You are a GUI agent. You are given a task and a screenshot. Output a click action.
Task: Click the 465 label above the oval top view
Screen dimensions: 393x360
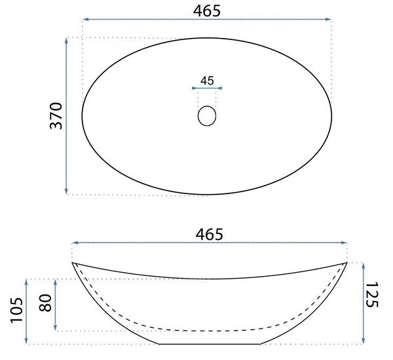click(x=207, y=11)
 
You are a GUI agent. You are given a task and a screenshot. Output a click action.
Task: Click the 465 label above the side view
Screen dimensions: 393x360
click(x=209, y=235)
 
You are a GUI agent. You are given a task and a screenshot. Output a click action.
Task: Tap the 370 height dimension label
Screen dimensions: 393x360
click(x=56, y=115)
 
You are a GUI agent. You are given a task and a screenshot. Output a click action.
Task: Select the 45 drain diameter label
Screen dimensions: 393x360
click(x=207, y=81)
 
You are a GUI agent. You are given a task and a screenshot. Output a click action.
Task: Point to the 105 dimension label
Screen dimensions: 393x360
click(x=16, y=310)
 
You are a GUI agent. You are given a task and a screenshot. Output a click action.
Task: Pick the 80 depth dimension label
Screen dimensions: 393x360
click(x=45, y=302)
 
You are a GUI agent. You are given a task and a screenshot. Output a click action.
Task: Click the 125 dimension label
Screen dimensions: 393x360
click(x=371, y=294)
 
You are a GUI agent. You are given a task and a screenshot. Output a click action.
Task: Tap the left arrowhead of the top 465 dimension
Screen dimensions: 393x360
click(x=86, y=19)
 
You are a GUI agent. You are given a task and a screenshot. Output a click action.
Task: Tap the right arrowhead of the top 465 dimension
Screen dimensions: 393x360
click(x=328, y=19)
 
